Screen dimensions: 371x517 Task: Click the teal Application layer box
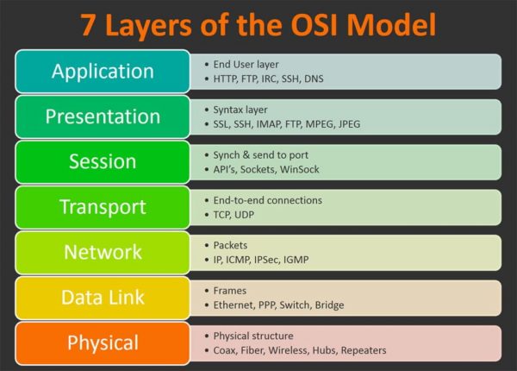pos(103,71)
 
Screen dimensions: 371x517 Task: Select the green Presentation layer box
pos(103,116)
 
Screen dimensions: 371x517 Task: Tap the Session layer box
pos(103,161)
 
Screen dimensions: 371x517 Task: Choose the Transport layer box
pos(103,207)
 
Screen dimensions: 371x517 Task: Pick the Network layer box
pos(103,252)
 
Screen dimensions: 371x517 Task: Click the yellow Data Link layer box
pos(103,298)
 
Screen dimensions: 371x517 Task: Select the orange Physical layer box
pos(103,343)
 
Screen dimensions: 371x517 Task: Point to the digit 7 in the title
pos(90,24)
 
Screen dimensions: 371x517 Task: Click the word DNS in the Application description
pos(339,79)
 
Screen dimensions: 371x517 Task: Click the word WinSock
pos(300,169)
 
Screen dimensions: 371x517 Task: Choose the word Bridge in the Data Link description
pos(329,305)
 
